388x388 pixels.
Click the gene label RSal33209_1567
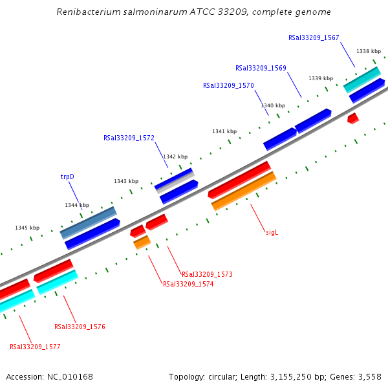click(314, 38)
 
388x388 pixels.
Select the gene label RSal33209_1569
click(261, 68)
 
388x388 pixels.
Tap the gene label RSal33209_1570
click(228, 85)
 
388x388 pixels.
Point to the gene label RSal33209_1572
click(129, 138)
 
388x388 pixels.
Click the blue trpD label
click(67, 177)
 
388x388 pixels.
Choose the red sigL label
click(272, 232)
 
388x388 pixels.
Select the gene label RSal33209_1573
click(207, 274)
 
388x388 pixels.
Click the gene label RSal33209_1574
click(188, 284)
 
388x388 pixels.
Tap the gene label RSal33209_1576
click(80, 327)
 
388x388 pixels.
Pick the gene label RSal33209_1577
click(35, 347)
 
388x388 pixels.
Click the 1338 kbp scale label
click(369, 51)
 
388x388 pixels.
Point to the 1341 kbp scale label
click(224, 131)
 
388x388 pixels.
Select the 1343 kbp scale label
click(126, 181)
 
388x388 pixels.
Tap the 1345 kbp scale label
click(27, 228)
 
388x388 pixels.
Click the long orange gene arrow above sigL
click(244, 191)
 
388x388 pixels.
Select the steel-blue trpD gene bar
click(88, 222)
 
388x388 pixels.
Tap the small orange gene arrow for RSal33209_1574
click(142, 242)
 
